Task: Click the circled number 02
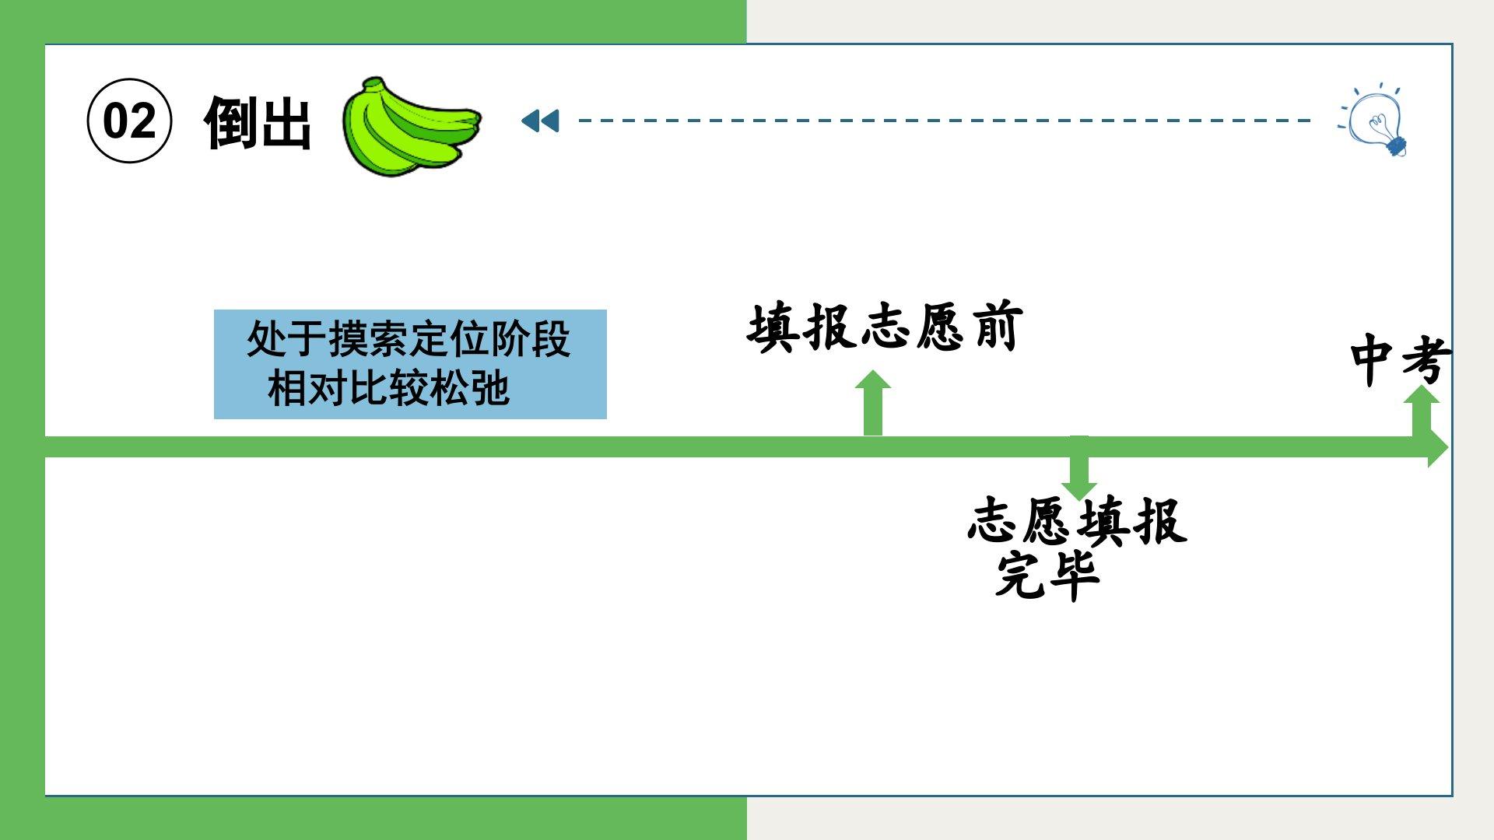point(129,121)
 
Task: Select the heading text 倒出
point(258,123)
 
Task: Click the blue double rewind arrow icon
point(540,121)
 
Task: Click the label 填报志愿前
point(884,327)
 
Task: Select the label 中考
point(1399,359)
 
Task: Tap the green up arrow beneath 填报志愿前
point(873,402)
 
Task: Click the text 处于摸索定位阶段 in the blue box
point(409,339)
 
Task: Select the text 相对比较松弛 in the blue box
point(388,387)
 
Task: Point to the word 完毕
point(1047,576)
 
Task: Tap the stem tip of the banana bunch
point(373,82)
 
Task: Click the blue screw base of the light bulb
point(1396,145)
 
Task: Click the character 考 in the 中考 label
point(1426,359)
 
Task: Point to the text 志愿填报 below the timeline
point(1078,521)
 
